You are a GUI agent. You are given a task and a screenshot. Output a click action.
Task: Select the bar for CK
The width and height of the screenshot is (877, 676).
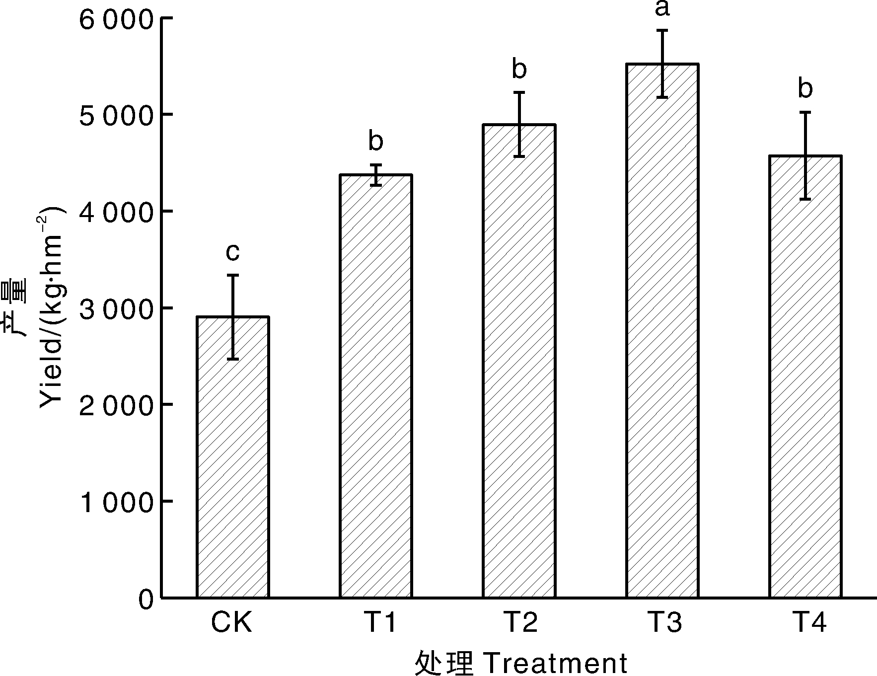(233, 457)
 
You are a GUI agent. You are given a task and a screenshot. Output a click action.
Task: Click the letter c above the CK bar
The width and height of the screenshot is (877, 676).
(232, 252)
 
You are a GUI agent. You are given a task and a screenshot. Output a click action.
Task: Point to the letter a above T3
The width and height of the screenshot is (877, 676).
(662, 8)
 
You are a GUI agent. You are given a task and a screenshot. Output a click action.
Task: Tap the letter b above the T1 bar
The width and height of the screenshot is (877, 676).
(376, 142)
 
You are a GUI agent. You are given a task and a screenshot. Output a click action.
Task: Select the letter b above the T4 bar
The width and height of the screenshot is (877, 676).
(805, 89)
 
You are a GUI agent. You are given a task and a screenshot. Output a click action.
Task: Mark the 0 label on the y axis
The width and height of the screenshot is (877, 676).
(146, 599)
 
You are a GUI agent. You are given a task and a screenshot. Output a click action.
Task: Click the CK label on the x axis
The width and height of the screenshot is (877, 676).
(232, 622)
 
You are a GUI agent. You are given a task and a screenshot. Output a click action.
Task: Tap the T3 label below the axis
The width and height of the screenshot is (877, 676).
(664, 622)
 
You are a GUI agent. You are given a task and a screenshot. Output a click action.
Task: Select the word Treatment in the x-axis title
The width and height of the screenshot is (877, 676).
(555, 663)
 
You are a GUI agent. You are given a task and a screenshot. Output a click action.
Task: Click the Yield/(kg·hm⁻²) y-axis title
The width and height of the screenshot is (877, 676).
(51, 308)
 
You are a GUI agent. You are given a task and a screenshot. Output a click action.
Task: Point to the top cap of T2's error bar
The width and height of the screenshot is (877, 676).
(519, 92)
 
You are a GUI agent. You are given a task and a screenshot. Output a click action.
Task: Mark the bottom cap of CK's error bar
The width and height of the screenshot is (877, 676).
(233, 359)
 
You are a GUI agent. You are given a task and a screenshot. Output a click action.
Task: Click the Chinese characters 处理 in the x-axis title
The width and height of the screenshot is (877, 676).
(443, 663)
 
